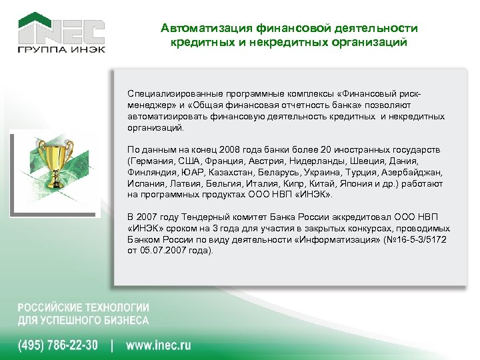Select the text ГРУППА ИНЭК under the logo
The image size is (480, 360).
61,49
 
